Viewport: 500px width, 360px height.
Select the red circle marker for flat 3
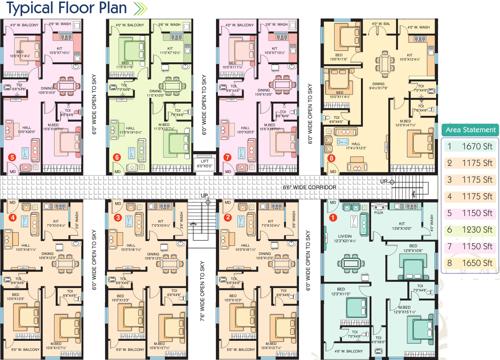pos(118,217)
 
